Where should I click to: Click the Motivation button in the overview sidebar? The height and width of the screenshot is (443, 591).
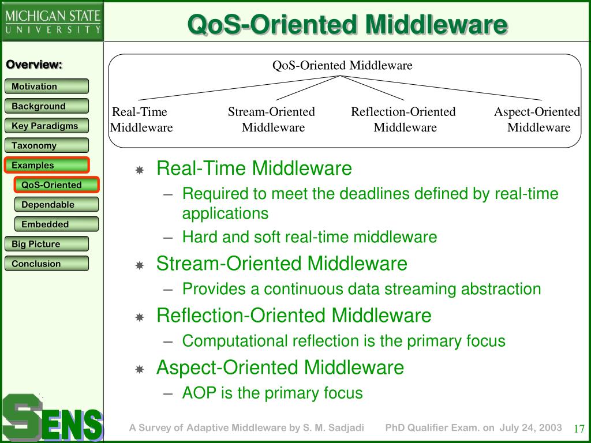47,87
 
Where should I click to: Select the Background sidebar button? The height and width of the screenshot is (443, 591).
47,106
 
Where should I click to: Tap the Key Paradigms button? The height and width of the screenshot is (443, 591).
47,125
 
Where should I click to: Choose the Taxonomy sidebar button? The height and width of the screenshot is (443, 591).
47,145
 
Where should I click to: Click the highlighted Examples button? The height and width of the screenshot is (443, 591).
47,165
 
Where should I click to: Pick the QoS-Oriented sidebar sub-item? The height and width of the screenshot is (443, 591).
57,185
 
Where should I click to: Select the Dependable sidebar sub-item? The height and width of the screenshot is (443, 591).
57,205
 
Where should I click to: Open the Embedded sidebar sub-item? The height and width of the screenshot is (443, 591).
57,224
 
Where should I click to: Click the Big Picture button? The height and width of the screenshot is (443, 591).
47,244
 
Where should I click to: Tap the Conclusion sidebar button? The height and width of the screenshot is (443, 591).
47,263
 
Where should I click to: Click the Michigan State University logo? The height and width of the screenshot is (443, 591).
53,21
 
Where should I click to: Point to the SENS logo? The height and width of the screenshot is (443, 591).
52,418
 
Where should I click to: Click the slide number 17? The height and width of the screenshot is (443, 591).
579,429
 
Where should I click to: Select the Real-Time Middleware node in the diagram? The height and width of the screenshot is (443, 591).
141,119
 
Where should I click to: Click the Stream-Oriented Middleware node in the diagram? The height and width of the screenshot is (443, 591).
272,119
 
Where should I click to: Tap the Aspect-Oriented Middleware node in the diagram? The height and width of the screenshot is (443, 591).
537,119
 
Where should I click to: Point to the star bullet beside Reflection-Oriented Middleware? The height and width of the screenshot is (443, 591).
140,317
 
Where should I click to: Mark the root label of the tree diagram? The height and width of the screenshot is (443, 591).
342,66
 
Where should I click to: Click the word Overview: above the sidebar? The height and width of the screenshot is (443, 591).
34,65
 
